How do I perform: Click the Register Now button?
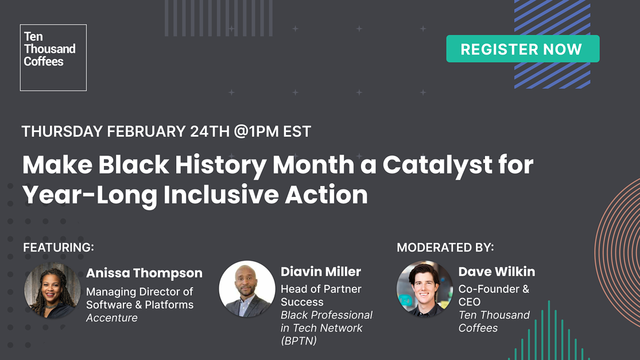[522, 49]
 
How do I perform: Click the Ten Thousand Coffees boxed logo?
[53, 57]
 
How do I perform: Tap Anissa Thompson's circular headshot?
[52, 291]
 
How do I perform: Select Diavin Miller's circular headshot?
[247, 289]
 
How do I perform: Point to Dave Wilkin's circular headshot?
[425, 289]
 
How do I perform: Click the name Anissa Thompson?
[144, 273]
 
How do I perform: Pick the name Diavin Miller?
[320, 272]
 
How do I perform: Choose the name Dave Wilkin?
[497, 272]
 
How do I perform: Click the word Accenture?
[112, 318]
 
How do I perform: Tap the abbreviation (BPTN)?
[298, 341]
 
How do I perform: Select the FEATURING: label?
[58, 247]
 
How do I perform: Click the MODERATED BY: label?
[445, 247]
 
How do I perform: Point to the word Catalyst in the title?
[439, 165]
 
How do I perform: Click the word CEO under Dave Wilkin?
[470, 302]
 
